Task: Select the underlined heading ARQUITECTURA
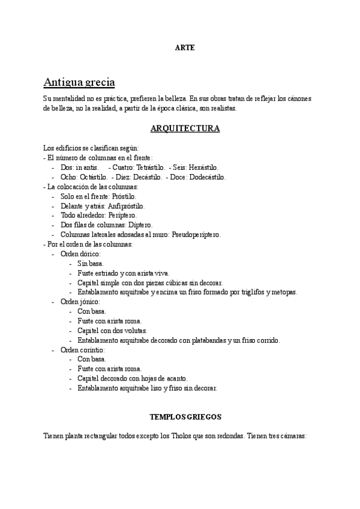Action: [x=184, y=128]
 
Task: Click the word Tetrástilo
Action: [x=149, y=167]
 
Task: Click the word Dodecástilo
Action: [x=207, y=177]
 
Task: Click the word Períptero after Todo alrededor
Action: [x=122, y=215]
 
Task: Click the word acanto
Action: [x=174, y=378]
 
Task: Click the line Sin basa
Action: [x=90, y=264]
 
